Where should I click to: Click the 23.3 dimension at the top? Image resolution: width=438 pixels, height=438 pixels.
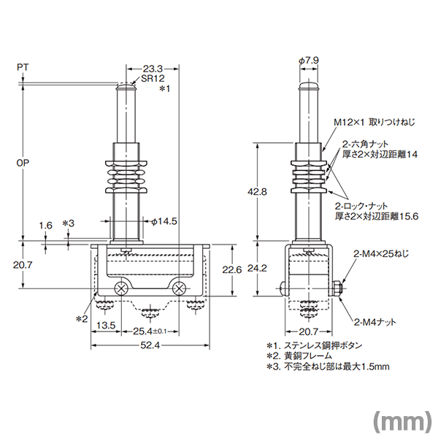pos(153,69)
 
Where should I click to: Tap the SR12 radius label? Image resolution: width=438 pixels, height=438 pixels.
pos(153,79)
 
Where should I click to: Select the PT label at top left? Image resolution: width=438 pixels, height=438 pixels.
pos(23,67)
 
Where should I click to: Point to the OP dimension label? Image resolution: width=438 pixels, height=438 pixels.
pos(23,163)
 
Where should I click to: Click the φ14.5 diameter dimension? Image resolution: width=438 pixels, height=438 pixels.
pos(164,221)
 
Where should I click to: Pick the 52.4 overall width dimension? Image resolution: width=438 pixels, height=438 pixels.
pos(150,345)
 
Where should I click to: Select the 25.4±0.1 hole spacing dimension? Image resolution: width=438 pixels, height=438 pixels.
pos(150,331)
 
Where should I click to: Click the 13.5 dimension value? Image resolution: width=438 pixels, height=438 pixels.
pos(106,326)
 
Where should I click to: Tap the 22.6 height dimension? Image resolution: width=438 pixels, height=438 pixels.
pos(232,270)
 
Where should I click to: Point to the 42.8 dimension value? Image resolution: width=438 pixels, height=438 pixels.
pos(257,192)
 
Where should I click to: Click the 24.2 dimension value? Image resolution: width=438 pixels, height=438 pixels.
pos(257,269)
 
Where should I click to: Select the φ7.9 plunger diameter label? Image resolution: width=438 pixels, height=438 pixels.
pos(309,61)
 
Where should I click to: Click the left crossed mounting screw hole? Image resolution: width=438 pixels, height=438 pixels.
pos(121,288)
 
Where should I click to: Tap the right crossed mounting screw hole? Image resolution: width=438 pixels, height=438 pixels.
pos(179,288)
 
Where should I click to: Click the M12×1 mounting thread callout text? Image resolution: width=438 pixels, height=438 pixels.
pos(374,122)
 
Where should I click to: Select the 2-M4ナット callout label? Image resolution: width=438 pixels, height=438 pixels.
pos(375,323)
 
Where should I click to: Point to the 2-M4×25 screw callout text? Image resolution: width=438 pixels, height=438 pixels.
pos(381,254)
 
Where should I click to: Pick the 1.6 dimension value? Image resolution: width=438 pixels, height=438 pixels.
pos(45,226)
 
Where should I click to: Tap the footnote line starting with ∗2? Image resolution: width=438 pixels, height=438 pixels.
pos(299,356)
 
